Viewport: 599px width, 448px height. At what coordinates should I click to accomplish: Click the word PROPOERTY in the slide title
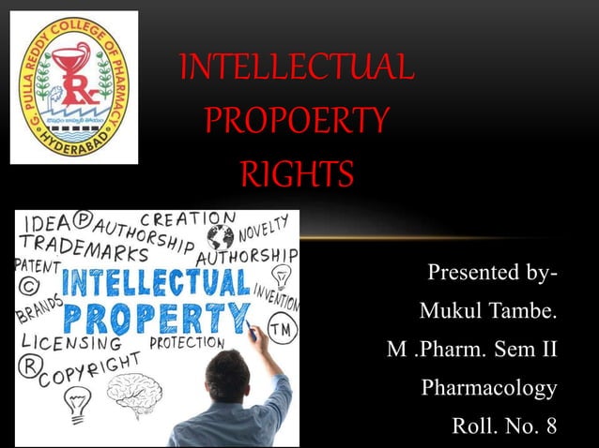click(295, 121)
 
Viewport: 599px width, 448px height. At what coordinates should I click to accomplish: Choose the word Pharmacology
click(489, 387)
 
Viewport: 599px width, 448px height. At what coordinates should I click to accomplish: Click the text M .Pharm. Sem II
click(471, 349)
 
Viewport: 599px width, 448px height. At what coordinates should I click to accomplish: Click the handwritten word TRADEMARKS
click(83, 253)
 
